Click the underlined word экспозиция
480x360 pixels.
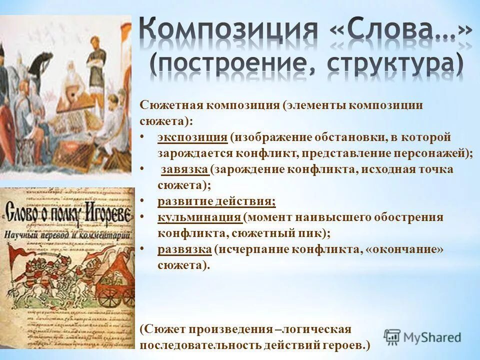pyautogui.click(x=192, y=137)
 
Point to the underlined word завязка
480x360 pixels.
pyautogui.click(x=184, y=169)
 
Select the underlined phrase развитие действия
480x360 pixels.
pyautogui.click(x=216, y=201)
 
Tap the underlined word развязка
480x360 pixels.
pyautogui.click(x=184, y=249)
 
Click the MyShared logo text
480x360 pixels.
pyautogui.click(x=432, y=337)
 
